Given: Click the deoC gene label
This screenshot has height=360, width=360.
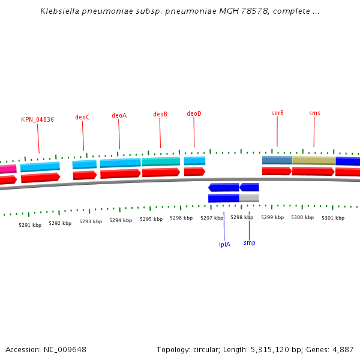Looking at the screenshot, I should pos(82,118).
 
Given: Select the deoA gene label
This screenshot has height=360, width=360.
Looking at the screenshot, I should pos(119,116).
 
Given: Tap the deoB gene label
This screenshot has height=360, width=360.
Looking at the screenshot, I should pos(160,115).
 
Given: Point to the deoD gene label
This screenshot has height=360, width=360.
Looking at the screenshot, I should pos(194,114).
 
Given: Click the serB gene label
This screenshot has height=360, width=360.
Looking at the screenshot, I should pos(277,113).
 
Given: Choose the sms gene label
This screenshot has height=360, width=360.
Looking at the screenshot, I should pos(314,113).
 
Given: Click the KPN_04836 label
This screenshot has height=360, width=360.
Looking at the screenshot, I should pos(37,120).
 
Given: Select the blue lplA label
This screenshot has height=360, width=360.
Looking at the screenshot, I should pos(224,244).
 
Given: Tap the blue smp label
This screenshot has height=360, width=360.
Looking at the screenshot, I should pos(249,243).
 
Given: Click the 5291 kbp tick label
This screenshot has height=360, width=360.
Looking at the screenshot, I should pos(30,226).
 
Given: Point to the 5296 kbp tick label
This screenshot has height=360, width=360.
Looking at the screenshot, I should pos(181,218).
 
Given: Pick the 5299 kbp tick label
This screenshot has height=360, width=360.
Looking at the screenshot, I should pos(272,217).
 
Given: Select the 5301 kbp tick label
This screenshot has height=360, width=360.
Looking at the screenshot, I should pos(333,218).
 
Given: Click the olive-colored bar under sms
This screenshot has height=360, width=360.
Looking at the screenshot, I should pos(313,161).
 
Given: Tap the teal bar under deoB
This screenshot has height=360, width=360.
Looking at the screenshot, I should pos(161,161).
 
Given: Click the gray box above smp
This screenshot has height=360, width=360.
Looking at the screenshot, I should pos(249,198).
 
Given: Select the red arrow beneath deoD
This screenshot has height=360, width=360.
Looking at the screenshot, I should pos(194,172).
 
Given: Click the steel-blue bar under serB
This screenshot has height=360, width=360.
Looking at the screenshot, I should pos(277,160).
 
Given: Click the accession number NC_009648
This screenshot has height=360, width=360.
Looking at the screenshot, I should pos(66,349).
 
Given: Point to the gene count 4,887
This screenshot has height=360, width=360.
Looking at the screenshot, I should pos(343,349).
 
